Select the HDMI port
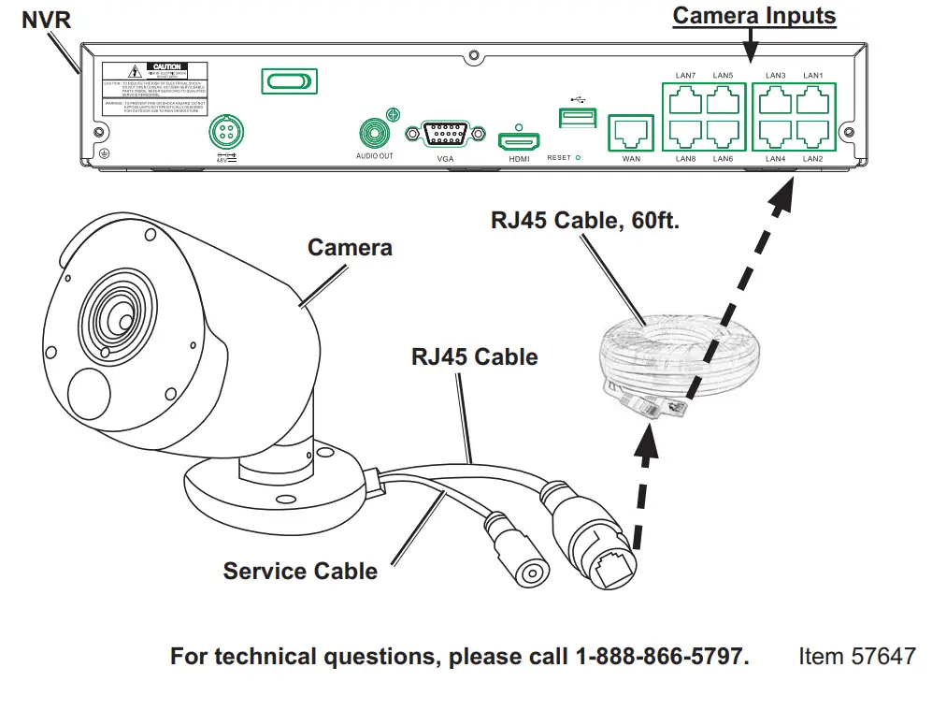(519, 140)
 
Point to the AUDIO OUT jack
(374, 132)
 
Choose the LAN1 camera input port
(813, 99)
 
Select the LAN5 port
(723, 99)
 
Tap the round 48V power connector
(225, 129)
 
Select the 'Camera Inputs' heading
(753, 16)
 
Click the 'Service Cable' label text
(300, 571)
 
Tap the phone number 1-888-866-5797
(660, 656)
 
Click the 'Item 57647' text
(856, 656)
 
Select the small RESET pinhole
(578, 158)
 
